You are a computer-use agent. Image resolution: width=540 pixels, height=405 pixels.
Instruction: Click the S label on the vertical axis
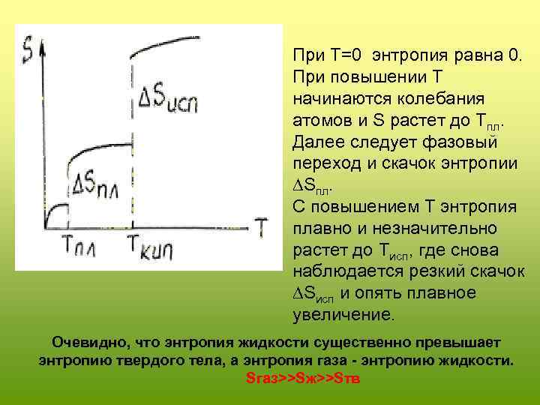[x=28, y=52]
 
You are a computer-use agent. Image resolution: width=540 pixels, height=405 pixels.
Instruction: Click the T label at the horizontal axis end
[x=261, y=224]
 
